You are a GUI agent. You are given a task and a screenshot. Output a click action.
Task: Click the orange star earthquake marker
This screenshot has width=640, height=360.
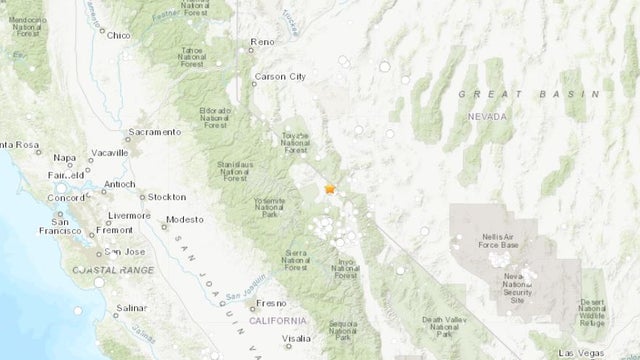click(x=331, y=188)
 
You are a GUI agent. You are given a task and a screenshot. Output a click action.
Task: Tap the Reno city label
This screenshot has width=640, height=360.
click(x=263, y=42)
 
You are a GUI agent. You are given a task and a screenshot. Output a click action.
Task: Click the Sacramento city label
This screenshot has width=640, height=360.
click(x=157, y=131)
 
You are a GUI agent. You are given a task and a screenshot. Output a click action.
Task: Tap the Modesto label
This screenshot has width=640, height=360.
click(x=185, y=219)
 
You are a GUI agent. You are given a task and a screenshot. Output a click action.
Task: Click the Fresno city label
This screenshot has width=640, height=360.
click(x=271, y=302)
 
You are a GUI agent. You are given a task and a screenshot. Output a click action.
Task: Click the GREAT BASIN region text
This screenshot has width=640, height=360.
click(x=497, y=93)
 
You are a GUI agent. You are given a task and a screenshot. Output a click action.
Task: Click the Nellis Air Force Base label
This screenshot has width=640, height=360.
click(x=496, y=239)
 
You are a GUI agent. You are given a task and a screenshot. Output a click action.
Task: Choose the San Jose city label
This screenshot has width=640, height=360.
click(x=127, y=251)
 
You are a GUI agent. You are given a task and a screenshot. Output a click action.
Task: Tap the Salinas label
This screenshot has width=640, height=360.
click(x=134, y=309)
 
